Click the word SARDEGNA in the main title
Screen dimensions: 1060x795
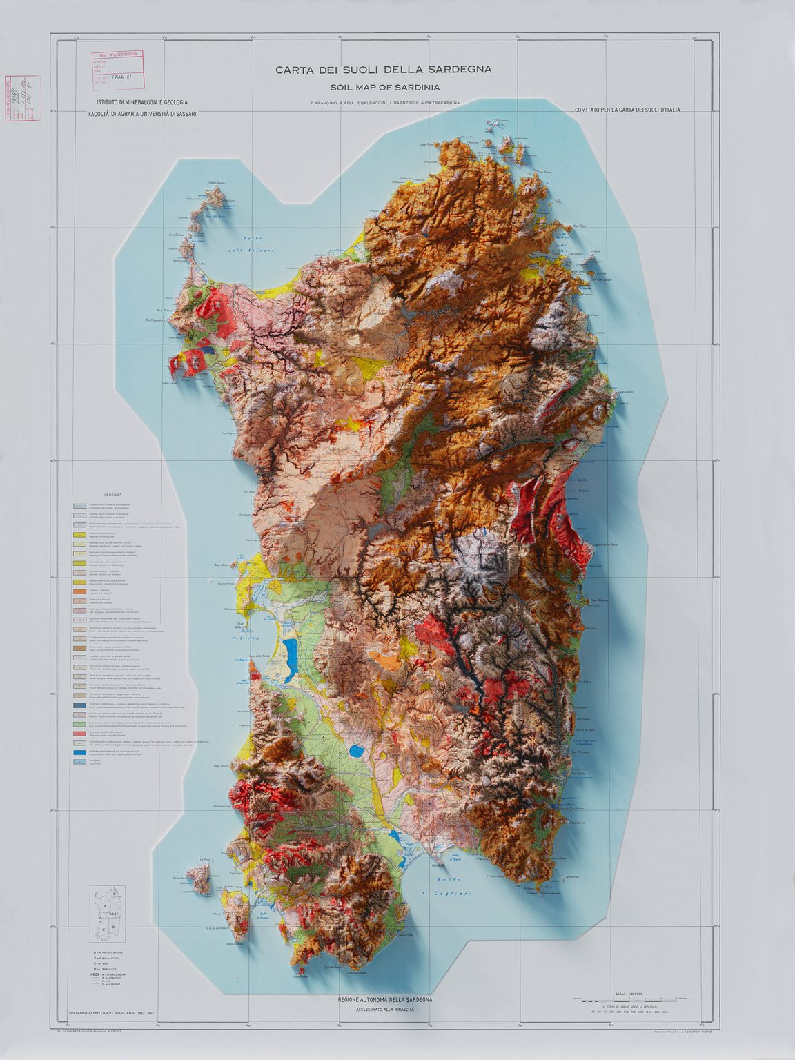click(x=460, y=70)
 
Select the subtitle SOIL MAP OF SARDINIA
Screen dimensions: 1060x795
click(x=384, y=88)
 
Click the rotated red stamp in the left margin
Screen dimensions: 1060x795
click(x=23, y=98)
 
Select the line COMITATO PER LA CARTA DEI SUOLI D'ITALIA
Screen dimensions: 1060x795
click(x=627, y=110)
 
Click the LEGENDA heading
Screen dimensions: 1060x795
click(x=112, y=495)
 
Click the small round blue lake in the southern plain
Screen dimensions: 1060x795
click(x=357, y=749)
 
